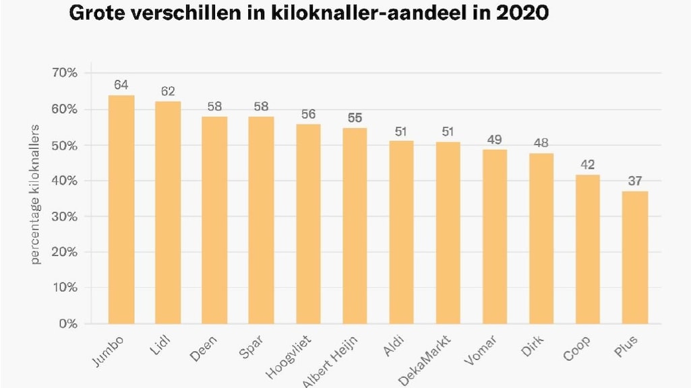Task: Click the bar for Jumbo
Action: click(x=121, y=209)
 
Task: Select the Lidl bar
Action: click(x=168, y=213)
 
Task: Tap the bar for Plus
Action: click(x=634, y=257)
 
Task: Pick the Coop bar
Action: click(x=587, y=249)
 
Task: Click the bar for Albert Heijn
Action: click(x=355, y=226)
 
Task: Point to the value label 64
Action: click(x=121, y=85)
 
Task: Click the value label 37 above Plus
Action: click(x=634, y=181)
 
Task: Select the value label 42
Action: click(x=587, y=164)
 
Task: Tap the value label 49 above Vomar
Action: click(x=495, y=139)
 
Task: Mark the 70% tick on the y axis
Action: click(x=65, y=73)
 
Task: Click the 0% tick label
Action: click(x=68, y=323)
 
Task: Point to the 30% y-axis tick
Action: click(x=65, y=216)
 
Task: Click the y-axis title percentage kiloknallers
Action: click(x=36, y=194)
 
